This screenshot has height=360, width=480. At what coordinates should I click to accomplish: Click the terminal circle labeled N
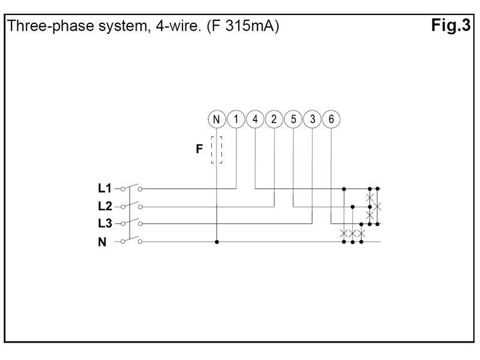coord(217,119)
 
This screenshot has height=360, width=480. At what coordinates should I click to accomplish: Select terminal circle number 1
coord(236,119)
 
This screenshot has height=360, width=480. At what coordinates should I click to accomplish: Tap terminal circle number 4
coord(255,119)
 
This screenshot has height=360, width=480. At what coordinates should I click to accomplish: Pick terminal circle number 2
coord(274,119)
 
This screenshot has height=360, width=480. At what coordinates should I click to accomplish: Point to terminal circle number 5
coord(293,119)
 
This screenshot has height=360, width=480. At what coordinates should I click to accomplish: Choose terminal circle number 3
coord(313,119)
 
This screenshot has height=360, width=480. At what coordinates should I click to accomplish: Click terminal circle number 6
coord(332,119)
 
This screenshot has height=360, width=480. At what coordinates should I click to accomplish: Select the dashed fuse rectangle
coord(217,149)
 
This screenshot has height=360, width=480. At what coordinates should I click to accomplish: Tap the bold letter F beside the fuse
coord(200,149)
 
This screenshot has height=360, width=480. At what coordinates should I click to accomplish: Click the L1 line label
coord(105,188)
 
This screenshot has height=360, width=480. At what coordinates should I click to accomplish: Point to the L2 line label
coord(105,206)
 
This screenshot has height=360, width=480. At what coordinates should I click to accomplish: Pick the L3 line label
coord(105,224)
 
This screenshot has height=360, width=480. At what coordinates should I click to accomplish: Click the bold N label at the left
coord(102,242)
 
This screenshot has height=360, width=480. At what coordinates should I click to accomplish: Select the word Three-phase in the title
coord(42,27)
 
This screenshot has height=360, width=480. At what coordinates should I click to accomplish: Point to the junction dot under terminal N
coord(217,242)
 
